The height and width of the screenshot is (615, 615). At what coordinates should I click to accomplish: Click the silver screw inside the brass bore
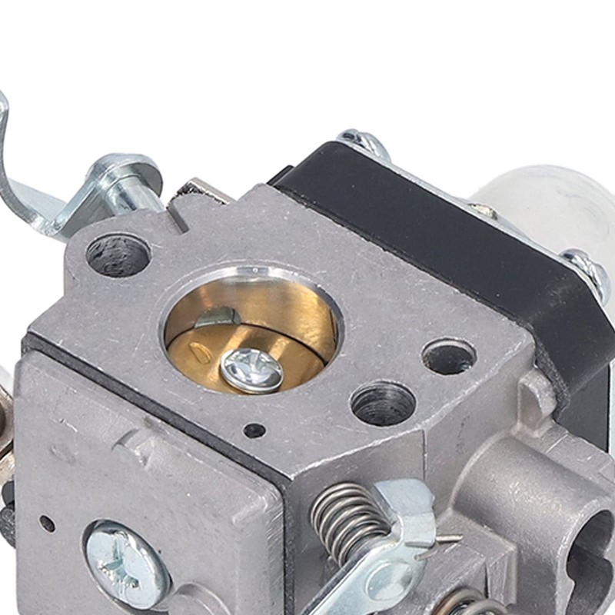pos(251,370)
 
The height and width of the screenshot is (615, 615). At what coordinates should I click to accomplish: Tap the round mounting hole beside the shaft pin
pos(118,255)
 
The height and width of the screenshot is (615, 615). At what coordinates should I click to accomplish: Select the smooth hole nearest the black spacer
pos(449,356)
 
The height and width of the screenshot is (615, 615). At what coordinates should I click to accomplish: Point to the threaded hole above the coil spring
pos(383,402)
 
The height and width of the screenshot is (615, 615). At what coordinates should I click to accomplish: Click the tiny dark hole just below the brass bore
pos(254,430)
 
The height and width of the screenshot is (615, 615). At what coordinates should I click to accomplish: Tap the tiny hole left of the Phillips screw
pos(47,524)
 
